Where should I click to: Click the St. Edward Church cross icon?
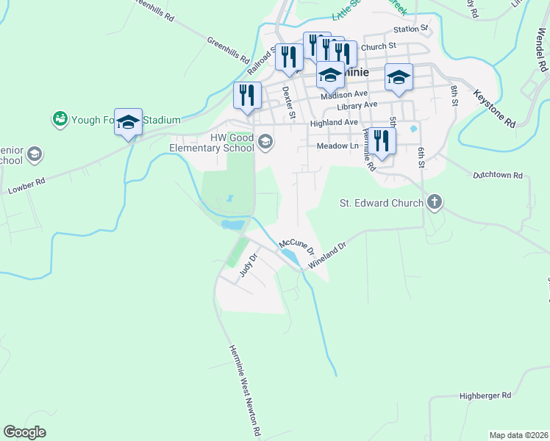point(435,202)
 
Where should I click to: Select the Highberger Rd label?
point(485,395)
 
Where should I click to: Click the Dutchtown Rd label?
point(497,176)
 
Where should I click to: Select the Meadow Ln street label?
point(336,146)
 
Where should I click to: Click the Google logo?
point(24,432)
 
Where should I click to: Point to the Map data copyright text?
point(518,435)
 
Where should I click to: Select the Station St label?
point(410,29)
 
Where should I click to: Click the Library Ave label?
point(357,106)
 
